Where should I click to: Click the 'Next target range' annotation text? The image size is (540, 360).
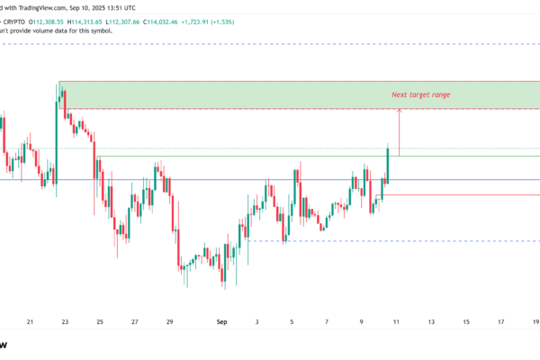[420, 94]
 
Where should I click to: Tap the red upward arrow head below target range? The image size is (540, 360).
[399, 111]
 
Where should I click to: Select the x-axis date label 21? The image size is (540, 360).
[31, 321]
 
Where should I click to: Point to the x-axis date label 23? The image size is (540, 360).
[65, 321]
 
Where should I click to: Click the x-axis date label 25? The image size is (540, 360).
[100, 321]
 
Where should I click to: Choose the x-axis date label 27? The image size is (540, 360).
[134, 321]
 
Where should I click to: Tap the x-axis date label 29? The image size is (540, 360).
[169, 321]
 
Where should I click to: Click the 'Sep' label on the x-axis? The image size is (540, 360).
[222, 321]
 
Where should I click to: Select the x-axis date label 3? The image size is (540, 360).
[257, 321]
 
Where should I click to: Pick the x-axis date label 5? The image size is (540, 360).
[292, 321]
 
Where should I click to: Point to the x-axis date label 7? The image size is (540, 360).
[327, 321]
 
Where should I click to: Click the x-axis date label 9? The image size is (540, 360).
[362, 321]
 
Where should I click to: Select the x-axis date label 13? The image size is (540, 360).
[431, 321]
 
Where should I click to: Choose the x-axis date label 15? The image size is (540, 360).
[466, 321]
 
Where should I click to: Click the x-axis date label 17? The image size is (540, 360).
[500, 321]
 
